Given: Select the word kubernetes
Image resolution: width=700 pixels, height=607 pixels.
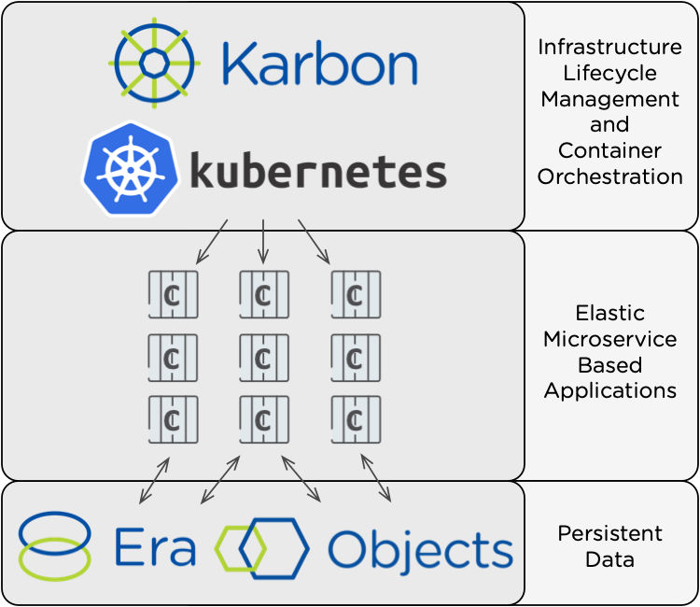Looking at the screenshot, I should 317,171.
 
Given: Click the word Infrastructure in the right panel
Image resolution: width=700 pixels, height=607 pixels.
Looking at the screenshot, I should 609,47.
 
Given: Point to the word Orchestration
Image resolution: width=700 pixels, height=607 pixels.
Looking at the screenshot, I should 609,176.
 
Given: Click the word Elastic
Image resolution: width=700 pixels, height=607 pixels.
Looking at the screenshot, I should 609,313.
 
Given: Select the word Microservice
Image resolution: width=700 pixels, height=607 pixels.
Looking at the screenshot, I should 609,338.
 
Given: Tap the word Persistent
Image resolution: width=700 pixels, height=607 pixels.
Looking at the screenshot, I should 609,533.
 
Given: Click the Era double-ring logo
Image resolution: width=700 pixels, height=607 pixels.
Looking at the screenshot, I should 55,545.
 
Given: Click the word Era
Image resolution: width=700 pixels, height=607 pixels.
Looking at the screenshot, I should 155,547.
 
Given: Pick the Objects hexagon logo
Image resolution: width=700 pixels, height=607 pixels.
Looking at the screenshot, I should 262,547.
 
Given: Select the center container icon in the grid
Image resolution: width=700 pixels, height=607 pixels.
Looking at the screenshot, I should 264,358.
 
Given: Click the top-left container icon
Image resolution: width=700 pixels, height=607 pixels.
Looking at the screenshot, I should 173,295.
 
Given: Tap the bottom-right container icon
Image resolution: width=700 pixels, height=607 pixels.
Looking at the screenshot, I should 356,419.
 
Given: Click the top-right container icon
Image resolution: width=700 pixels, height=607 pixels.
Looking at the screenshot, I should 356,295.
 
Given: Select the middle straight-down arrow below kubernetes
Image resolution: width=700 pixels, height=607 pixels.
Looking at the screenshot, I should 263,241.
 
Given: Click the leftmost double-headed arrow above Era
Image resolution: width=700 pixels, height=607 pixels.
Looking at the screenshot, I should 155,481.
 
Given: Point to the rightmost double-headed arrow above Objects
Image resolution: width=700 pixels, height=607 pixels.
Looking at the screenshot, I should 375,478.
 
